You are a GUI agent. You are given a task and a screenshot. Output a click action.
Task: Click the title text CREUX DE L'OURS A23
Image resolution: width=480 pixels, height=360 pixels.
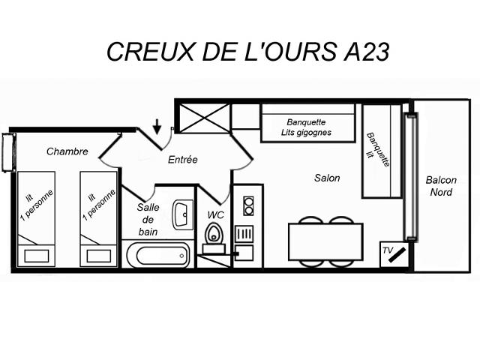click(x=247, y=52)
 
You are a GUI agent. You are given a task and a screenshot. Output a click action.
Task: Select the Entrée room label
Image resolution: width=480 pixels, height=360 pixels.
click(x=182, y=159)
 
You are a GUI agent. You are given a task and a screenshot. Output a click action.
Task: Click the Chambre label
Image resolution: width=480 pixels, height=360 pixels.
click(x=67, y=151)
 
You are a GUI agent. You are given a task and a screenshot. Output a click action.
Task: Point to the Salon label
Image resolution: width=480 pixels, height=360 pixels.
click(x=327, y=178)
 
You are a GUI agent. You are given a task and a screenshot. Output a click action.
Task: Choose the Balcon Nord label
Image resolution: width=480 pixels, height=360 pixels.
click(x=441, y=186)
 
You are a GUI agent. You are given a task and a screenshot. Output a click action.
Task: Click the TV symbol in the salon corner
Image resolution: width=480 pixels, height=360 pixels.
click(x=394, y=252)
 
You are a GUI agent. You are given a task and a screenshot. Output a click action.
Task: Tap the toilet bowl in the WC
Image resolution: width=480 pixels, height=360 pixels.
click(x=214, y=235)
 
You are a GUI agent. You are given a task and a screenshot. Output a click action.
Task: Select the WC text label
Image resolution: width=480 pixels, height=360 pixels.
click(x=215, y=215)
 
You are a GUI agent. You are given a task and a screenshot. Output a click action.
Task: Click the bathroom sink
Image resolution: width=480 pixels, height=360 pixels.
click(x=182, y=214)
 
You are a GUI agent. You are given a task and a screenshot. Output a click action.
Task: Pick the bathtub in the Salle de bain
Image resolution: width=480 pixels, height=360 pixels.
click(x=157, y=255)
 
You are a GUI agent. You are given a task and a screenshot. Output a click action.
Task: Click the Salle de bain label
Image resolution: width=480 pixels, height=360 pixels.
click(x=147, y=220)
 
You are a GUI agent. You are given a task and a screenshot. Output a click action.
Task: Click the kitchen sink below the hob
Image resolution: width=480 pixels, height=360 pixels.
click(x=244, y=233)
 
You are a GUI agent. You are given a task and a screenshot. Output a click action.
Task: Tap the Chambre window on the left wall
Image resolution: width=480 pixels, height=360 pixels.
click(x=7, y=151)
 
